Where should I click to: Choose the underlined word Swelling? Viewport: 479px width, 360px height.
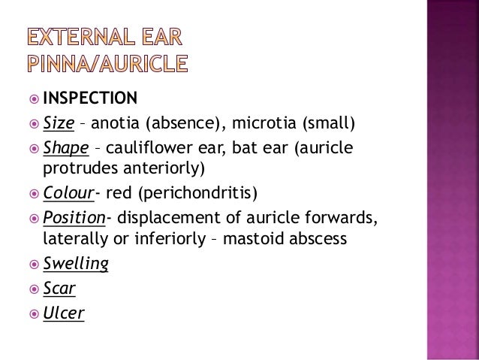coord(75,264)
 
